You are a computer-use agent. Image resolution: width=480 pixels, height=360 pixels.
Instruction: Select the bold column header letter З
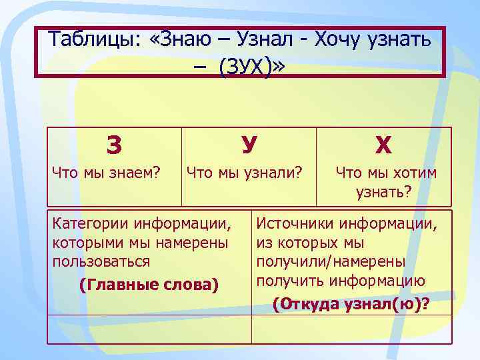(x=114, y=144)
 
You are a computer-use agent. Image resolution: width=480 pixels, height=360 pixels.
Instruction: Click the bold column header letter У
(x=249, y=144)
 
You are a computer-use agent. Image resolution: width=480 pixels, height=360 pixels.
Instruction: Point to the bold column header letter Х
(x=383, y=144)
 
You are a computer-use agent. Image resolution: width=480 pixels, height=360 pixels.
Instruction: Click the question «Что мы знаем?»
(x=107, y=173)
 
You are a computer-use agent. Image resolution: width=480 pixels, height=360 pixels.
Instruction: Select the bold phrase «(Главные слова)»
(x=148, y=285)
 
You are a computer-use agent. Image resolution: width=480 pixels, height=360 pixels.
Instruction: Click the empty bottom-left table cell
(x=149, y=329)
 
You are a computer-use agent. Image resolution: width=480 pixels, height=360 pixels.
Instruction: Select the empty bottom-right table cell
(x=351, y=329)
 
